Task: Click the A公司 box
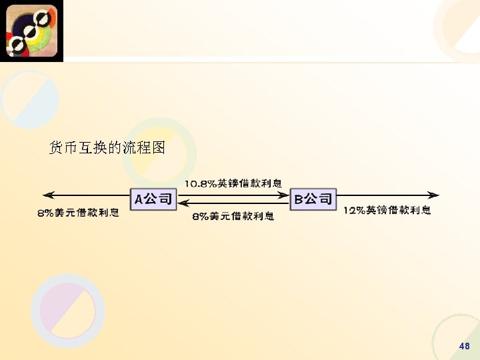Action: click(153, 199)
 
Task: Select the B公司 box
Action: click(313, 199)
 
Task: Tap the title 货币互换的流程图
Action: click(107, 147)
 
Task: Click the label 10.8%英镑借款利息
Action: click(233, 183)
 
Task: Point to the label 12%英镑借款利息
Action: click(387, 211)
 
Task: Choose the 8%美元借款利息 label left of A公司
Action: click(79, 213)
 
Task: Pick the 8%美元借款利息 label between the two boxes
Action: click(233, 216)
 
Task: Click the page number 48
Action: click(465, 346)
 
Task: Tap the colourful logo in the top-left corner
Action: click(31, 31)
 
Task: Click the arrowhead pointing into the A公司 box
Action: click(182, 203)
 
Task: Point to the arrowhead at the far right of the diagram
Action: click(435, 195)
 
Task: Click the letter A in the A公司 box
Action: click(140, 199)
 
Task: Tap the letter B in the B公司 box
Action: click(299, 199)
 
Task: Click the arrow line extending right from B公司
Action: click(387, 195)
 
